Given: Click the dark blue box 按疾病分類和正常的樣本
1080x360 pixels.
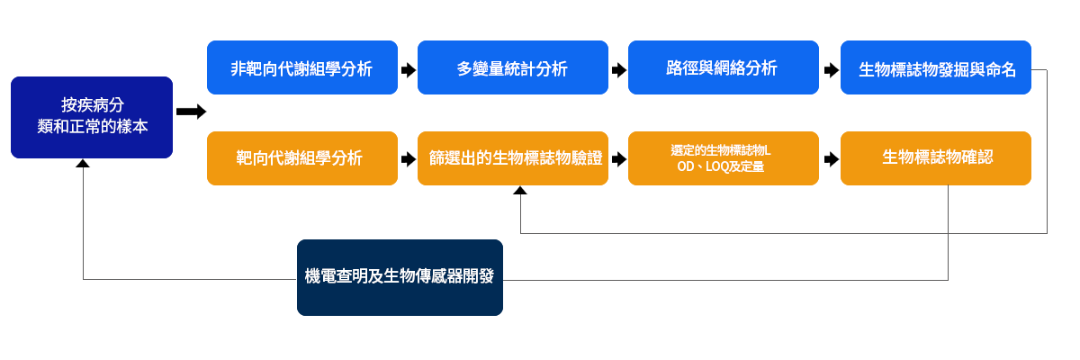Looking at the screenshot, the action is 92,117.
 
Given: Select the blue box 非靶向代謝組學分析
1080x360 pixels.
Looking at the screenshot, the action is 302,67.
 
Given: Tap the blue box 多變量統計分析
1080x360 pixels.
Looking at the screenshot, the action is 512,67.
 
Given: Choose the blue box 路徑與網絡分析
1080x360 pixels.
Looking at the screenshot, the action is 724,67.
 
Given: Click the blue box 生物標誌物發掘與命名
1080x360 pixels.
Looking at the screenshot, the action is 936,67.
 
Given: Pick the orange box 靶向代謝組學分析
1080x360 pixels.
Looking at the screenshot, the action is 302,158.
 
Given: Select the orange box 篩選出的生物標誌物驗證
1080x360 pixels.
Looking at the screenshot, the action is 512,158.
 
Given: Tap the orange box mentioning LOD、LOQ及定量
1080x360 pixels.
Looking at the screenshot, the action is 724,158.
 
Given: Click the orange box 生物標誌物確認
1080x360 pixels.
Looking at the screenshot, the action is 936,158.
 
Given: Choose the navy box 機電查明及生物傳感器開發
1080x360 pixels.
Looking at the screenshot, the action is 400,277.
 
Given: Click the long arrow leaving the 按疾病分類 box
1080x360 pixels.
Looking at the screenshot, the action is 191,112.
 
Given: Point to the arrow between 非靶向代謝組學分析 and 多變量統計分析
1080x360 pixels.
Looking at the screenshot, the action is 409,70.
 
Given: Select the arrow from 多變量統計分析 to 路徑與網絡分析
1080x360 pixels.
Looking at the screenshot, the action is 619,70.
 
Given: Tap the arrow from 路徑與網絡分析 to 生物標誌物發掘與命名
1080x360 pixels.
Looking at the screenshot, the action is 832,70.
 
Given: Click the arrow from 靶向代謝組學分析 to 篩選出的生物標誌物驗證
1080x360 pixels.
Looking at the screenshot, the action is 409,159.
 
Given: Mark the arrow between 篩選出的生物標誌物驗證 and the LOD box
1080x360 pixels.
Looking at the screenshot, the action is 619,159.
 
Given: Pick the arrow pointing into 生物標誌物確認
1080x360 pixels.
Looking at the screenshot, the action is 832,159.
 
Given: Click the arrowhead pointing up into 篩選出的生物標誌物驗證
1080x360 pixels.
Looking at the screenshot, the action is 520,191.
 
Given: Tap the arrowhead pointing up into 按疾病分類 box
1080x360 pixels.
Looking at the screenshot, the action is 83,164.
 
